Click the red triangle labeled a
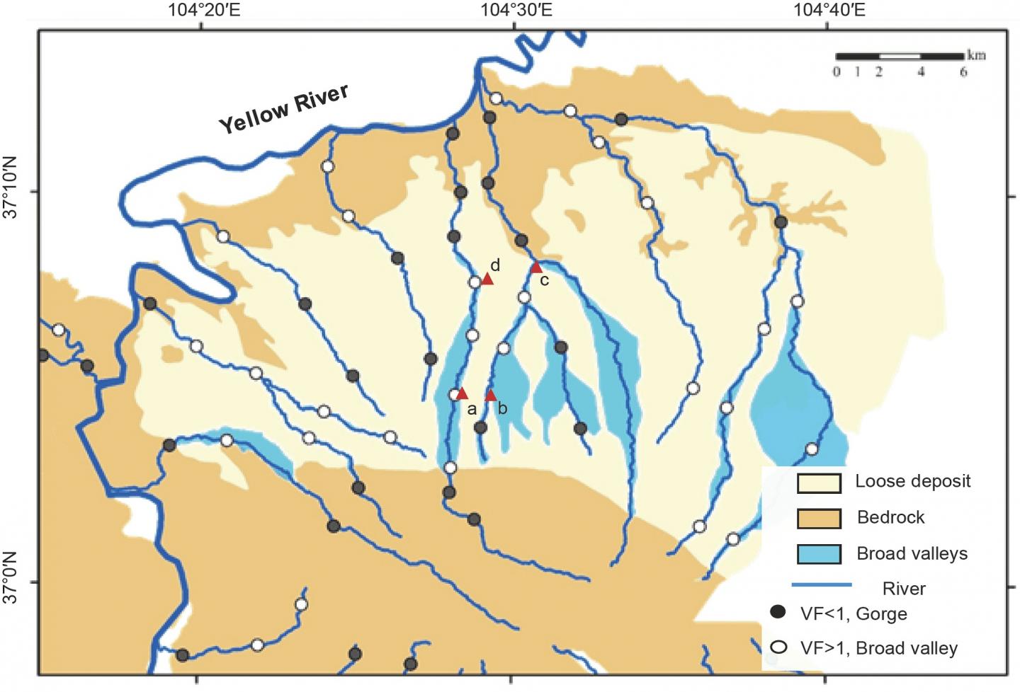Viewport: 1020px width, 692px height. click(462, 393)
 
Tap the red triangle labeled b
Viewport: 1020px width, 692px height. click(490, 395)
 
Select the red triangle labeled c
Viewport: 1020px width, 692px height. click(536, 267)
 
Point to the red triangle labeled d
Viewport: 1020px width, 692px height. click(487, 279)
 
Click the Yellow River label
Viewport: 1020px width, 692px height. click(283, 109)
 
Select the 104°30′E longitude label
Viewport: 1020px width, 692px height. click(516, 10)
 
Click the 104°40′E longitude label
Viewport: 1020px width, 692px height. click(829, 10)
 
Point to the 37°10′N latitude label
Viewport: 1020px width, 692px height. click(12, 192)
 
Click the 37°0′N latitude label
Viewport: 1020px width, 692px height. click(12, 583)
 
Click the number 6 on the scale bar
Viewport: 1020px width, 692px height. click(963, 72)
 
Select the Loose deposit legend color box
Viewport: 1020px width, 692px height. click(819, 483)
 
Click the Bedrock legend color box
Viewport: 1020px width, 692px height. click(819, 518)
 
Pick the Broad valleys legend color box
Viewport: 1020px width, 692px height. click(819, 553)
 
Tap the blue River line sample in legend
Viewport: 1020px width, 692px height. click(821, 584)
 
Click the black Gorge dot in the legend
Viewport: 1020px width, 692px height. click(778, 612)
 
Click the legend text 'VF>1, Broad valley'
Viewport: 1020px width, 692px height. click(878, 648)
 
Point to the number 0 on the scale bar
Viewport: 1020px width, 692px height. click(837, 72)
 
